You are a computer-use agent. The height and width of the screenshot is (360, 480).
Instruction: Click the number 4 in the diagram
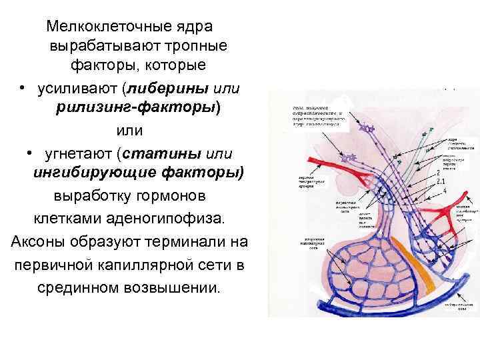pyautogui.click(x=444, y=192)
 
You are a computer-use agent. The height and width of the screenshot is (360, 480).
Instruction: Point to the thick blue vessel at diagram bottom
pyautogui.click(x=387, y=299)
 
